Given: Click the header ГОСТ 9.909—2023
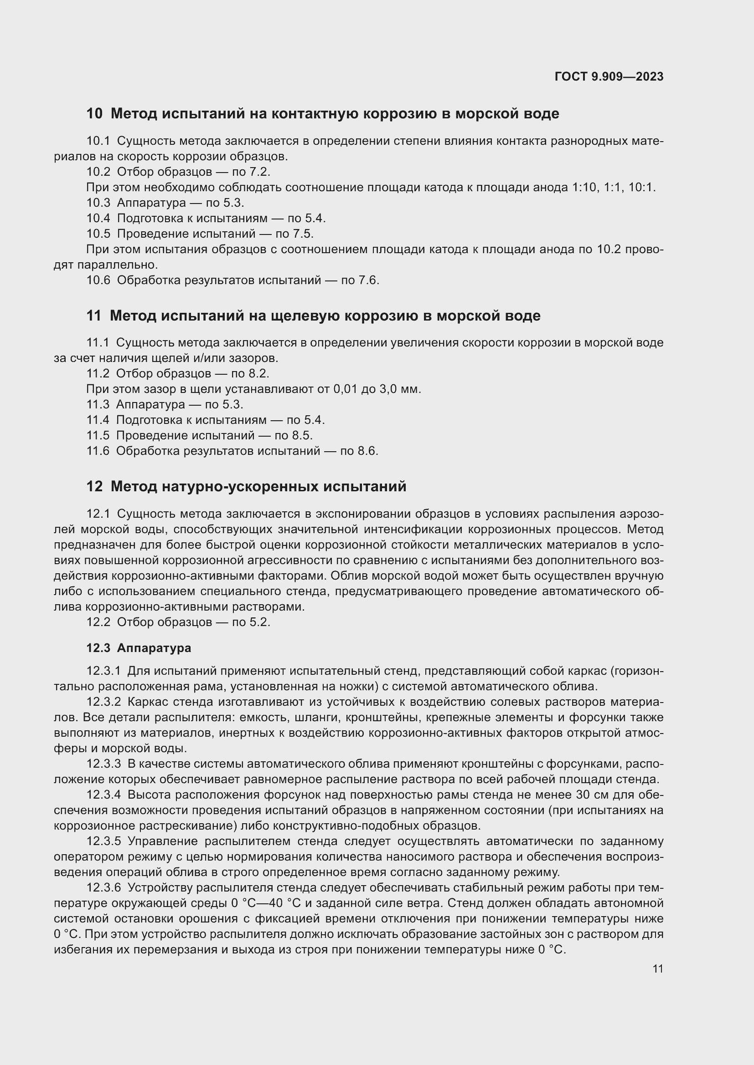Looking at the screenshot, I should click(x=609, y=76).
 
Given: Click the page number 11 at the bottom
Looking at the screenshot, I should click(x=657, y=969).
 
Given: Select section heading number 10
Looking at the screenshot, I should click(x=94, y=114).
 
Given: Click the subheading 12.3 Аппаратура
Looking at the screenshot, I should click(x=139, y=648).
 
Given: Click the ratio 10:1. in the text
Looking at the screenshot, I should click(x=642, y=188).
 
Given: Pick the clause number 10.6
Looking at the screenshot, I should click(x=98, y=280).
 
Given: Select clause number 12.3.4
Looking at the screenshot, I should click(x=103, y=795).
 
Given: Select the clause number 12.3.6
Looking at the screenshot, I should click(x=103, y=888).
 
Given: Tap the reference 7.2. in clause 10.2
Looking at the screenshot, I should click(x=260, y=172).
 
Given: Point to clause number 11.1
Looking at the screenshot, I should click(x=98, y=343).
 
